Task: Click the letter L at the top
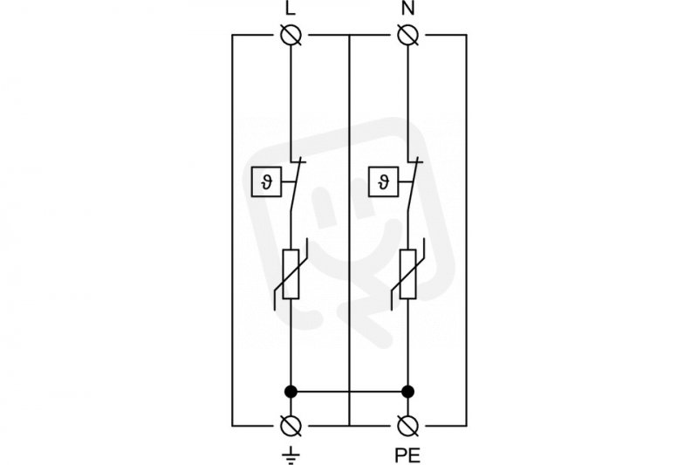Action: coord(291,8)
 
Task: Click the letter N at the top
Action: coord(407,8)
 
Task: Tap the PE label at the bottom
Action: coord(407,455)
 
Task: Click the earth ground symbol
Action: coord(291,455)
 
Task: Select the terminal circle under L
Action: coord(291,35)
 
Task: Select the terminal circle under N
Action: coord(407,35)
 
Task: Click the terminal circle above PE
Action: coord(407,426)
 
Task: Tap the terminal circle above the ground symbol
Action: coord(291,426)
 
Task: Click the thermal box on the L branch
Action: coord(266,181)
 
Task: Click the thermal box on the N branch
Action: coord(383,181)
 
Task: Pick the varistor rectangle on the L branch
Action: coord(291,274)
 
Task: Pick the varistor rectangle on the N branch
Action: coord(407,274)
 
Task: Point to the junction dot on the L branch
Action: coord(291,392)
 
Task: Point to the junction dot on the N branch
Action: coord(407,392)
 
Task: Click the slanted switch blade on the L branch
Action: coord(296,185)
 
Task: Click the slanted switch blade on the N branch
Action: coord(413,185)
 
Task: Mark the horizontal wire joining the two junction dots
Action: coord(350,392)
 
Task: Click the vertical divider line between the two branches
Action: coord(350,230)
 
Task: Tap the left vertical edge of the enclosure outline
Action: coord(232,230)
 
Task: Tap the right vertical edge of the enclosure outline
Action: coord(467,230)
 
